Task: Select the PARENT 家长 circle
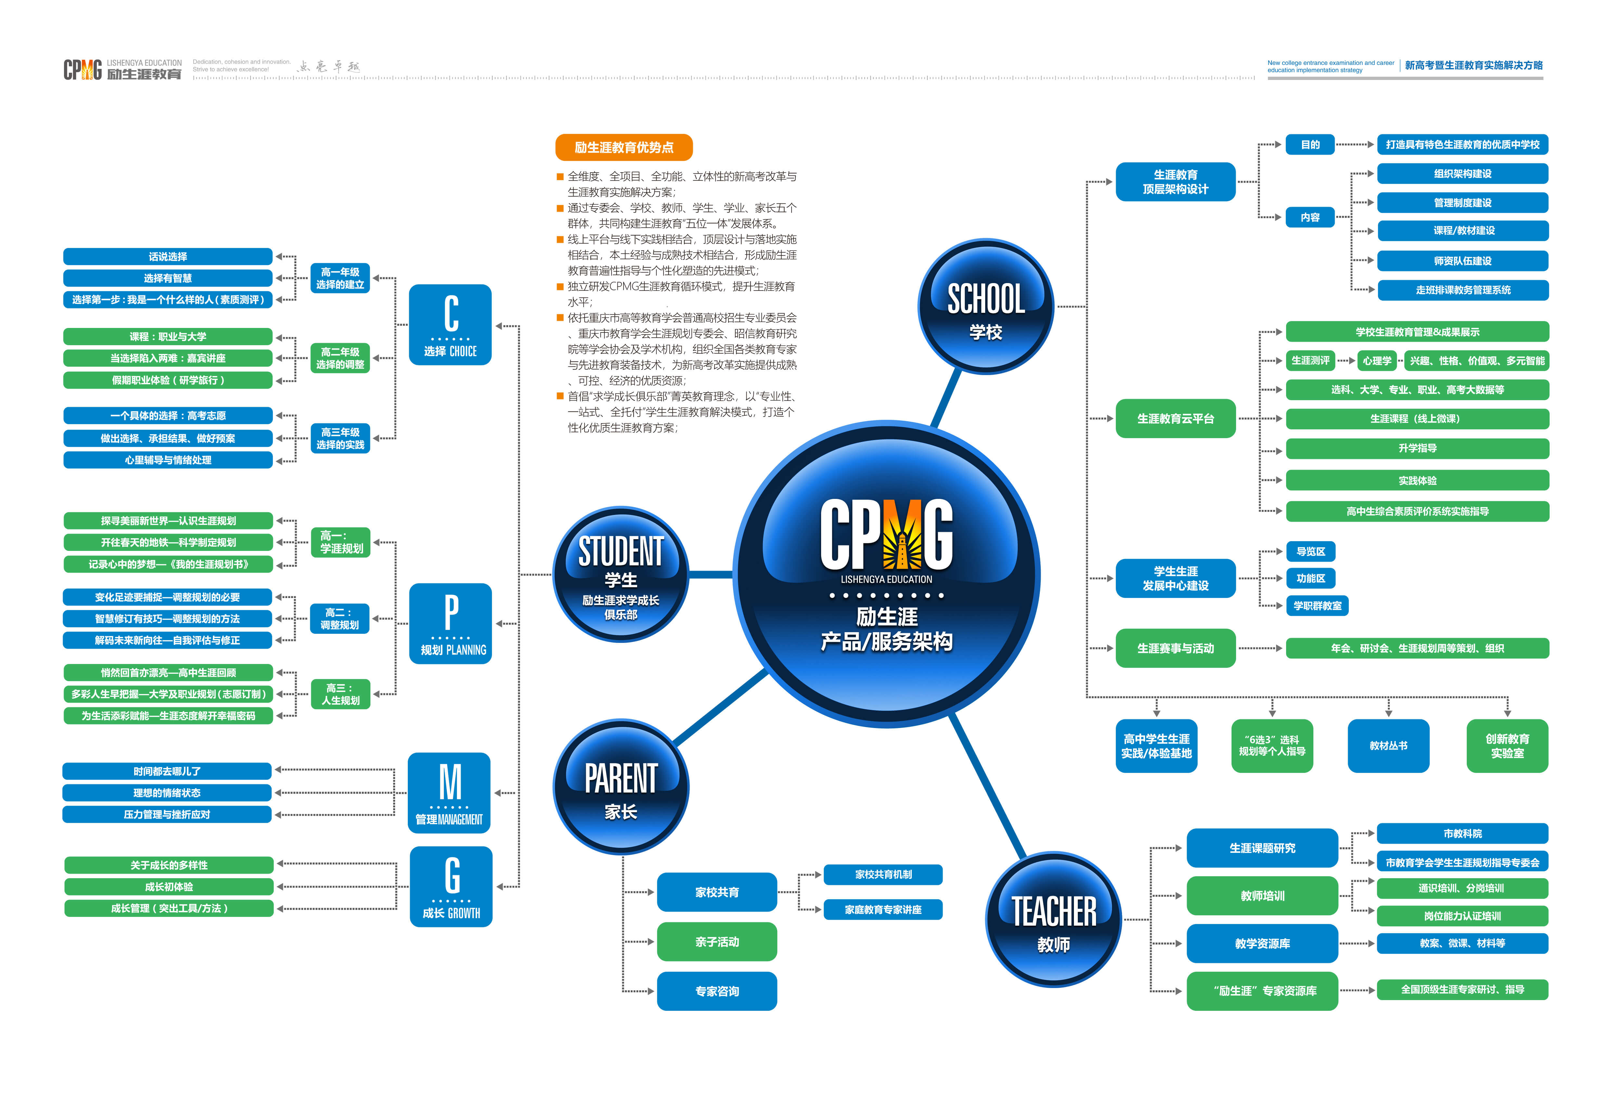[x=621, y=788]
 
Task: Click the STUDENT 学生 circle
[x=621, y=574]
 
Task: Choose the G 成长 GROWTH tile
[x=451, y=887]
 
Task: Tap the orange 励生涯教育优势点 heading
[x=624, y=147]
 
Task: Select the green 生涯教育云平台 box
[x=1175, y=418]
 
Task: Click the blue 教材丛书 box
[x=1388, y=746]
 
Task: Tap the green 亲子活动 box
[x=716, y=941]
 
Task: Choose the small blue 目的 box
[x=1309, y=144]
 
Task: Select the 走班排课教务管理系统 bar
[x=1462, y=290]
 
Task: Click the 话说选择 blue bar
[x=168, y=257]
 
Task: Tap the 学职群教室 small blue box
[x=1317, y=606]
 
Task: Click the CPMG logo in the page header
[x=83, y=69]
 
